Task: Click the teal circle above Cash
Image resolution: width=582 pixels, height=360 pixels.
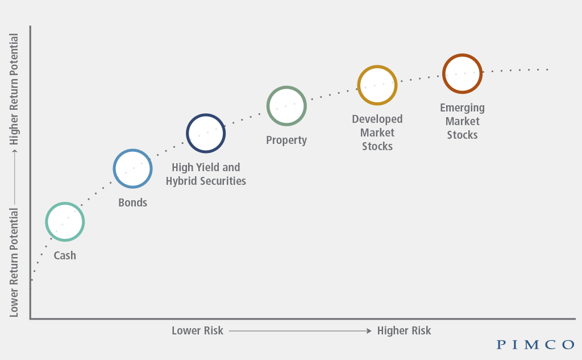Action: coord(65,222)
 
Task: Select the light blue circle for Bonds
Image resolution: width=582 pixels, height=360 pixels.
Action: coord(132,168)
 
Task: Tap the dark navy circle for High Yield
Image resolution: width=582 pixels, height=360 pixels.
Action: coord(206,134)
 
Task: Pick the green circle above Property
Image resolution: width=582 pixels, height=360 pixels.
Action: coord(286,106)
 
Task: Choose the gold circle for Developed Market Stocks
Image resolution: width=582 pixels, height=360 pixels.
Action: coord(377,85)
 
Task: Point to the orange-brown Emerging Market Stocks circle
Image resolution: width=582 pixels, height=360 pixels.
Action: coord(462,73)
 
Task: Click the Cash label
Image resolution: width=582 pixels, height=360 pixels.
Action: coord(65,255)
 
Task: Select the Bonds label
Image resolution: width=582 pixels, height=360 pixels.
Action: coord(132,202)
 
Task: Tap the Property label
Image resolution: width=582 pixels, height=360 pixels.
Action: coord(286,140)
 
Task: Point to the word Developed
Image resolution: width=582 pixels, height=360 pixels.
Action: coord(377,119)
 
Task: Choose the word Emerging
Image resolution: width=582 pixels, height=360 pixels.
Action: coord(462,107)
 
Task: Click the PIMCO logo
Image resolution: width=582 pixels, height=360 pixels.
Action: coord(535,344)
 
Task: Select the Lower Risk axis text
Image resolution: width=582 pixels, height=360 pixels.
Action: coord(197,330)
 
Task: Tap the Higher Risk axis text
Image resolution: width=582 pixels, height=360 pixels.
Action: coord(404,330)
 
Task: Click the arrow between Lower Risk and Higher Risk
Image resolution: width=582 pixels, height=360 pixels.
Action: coord(300,330)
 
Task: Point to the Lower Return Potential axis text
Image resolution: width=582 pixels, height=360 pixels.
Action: coord(14,262)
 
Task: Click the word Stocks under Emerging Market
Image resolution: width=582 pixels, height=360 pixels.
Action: coord(462,135)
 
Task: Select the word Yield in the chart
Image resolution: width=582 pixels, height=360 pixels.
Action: coord(208,167)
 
